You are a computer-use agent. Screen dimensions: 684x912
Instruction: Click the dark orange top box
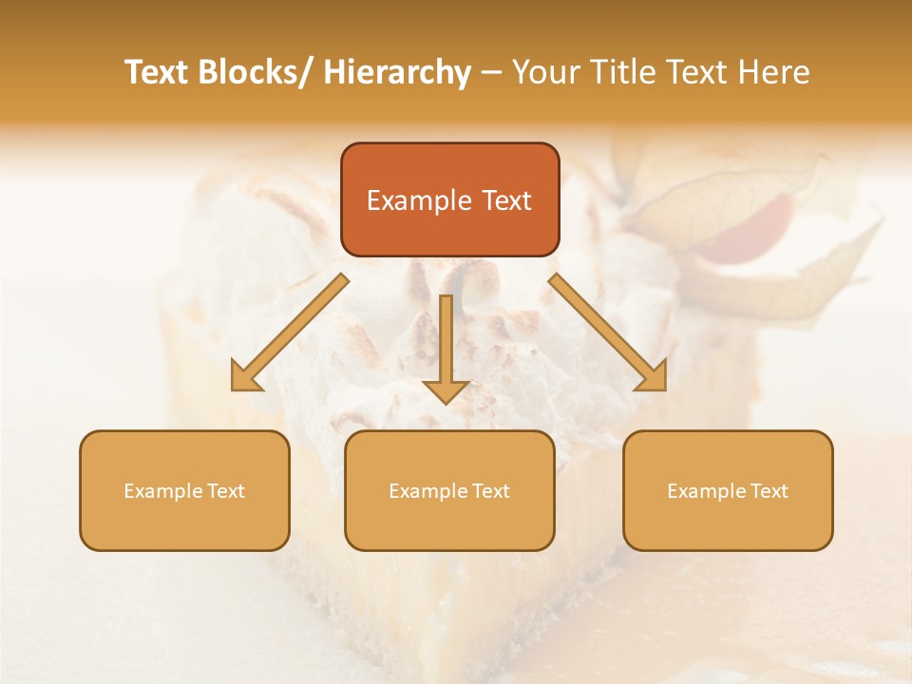pyautogui.click(x=449, y=199)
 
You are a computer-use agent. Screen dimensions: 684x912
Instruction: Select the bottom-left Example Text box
pyautogui.click(x=184, y=490)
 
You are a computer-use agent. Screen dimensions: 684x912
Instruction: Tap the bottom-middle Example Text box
pyautogui.click(x=449, y=490)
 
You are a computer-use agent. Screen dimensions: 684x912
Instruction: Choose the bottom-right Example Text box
pyautogui.click(x=728, y=490)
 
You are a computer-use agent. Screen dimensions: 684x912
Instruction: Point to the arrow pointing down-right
pyautogui.click(x=608, y=332)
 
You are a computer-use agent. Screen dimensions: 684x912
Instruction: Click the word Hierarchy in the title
pyautogui.click(x=397, y=72)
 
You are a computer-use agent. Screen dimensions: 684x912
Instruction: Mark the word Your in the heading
pyautogui.click(x=546, y=72)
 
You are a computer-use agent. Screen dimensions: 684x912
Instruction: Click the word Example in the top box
pyautogui.click(x=419, y=200)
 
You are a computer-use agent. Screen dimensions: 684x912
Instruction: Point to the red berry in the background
pyautogui.click(x=750, y=223)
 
